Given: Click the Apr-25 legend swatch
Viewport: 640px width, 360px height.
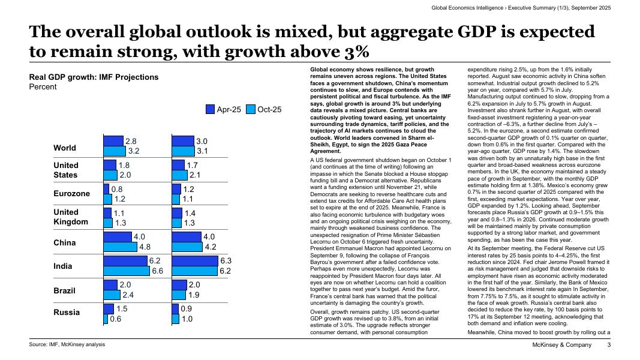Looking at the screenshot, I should point(210,109).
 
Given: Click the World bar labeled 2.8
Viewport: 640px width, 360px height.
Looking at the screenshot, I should point(113,141).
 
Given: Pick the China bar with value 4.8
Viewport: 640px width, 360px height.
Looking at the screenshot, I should point(120,247).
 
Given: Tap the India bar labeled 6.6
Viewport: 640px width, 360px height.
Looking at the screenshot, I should point(127,271).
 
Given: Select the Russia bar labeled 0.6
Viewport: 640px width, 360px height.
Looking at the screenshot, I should point(106,319).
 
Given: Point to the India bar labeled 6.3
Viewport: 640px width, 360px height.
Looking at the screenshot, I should point(195,261).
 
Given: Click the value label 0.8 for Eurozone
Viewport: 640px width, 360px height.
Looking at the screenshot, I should point(116,189).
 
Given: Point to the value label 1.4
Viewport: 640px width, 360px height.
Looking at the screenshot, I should point(190,214).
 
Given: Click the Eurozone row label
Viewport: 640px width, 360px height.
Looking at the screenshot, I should point(71,194).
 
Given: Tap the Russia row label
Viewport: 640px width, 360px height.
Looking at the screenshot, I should point(67,313).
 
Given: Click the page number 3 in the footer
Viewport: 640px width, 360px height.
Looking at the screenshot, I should point(609,345).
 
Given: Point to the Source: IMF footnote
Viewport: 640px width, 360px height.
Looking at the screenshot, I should point(67,344).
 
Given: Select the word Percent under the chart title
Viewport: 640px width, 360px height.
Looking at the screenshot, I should point(43,87).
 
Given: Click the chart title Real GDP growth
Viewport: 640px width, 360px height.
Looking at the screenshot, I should point(94,77).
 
